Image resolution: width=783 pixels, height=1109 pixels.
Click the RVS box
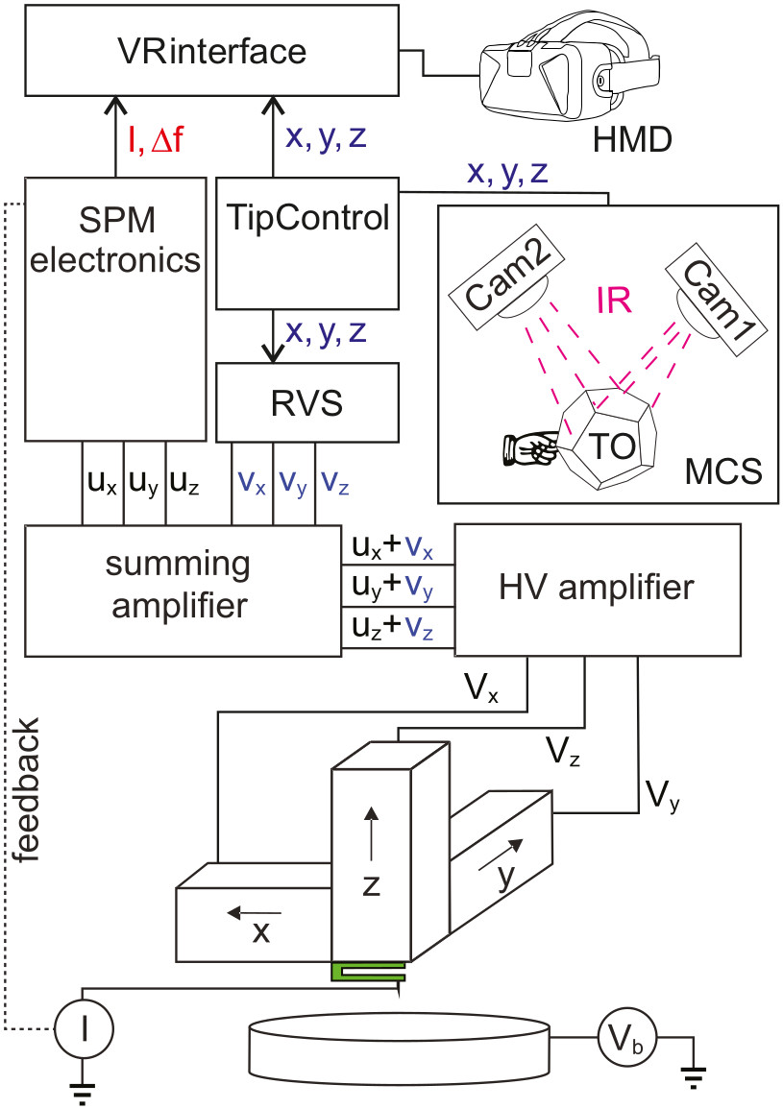click(306, 402)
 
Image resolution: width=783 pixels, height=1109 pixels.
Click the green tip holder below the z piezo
click(369, 973)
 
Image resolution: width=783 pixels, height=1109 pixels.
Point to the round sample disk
click(399, 1043)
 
